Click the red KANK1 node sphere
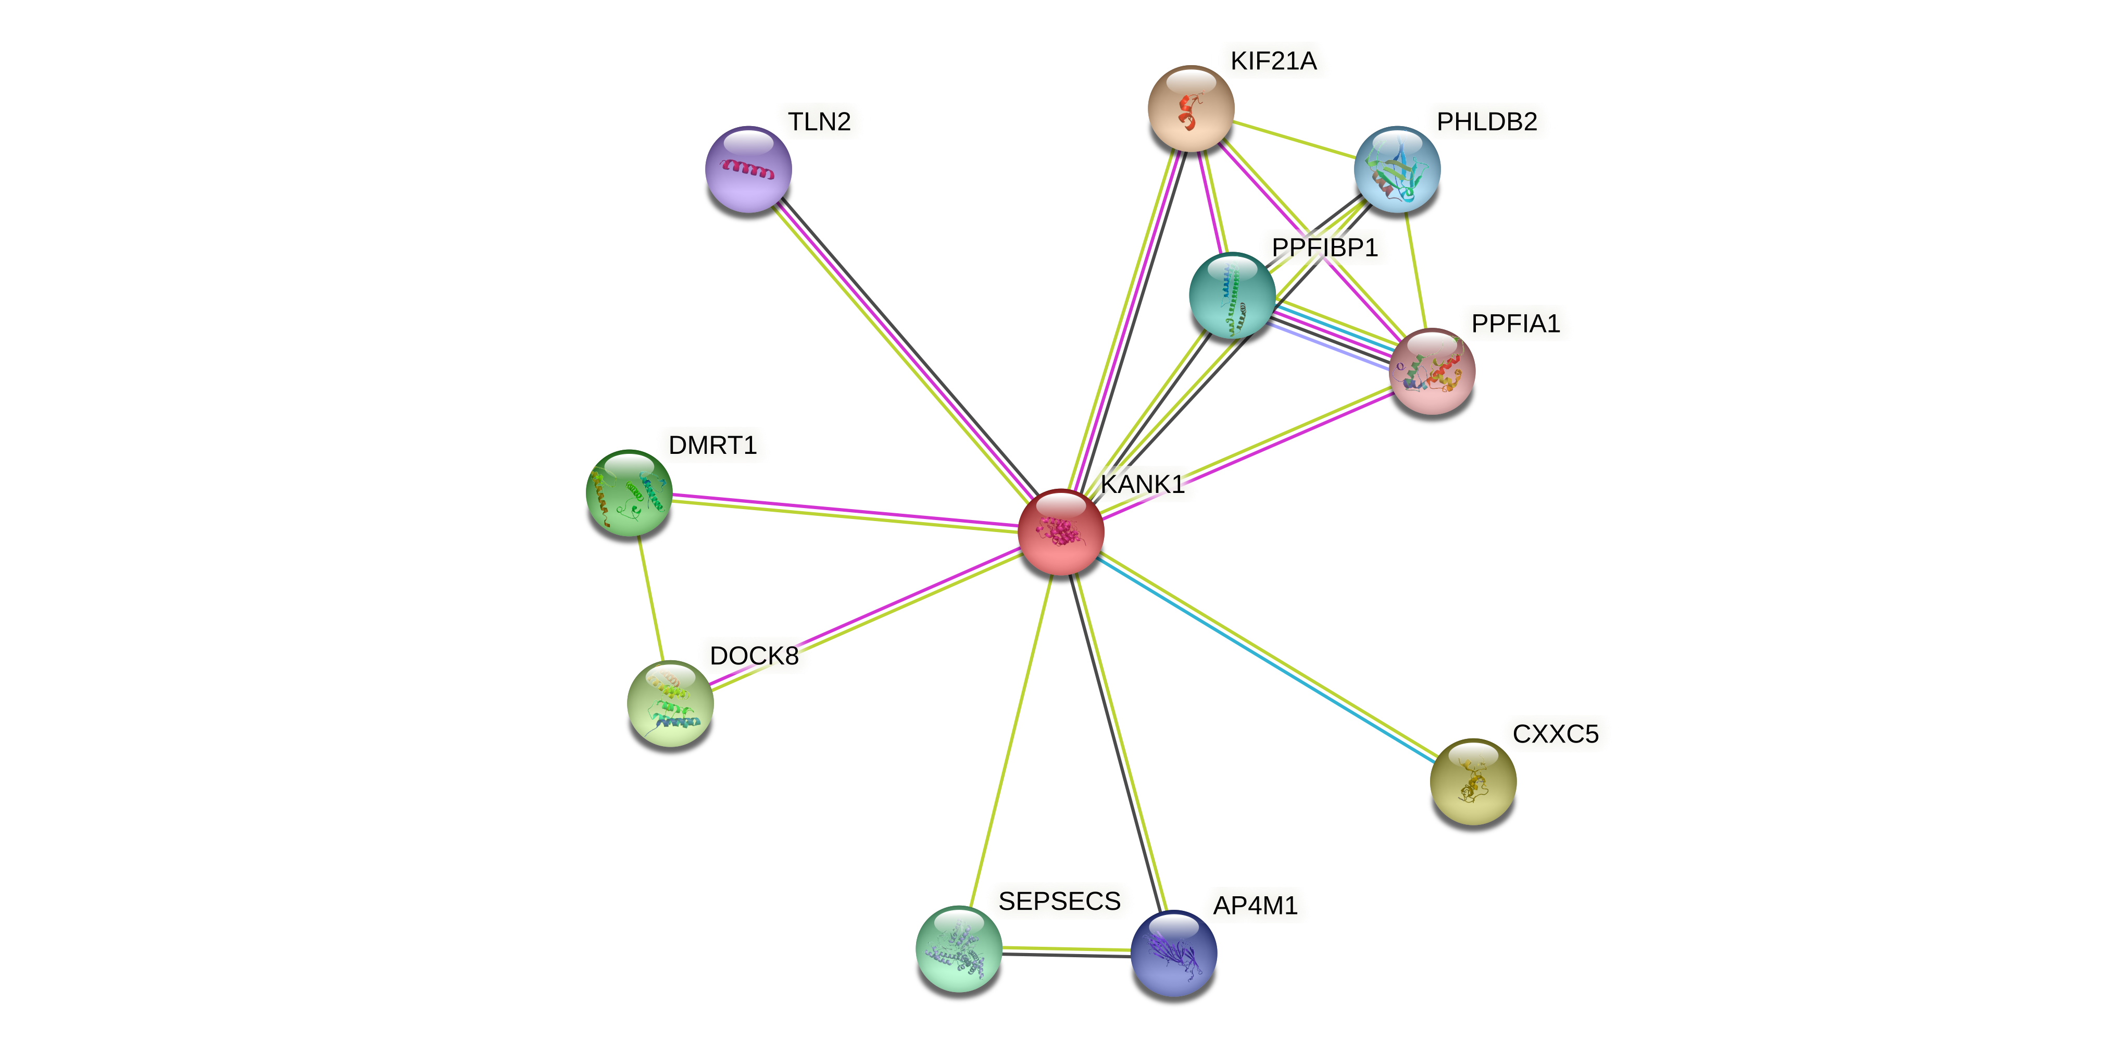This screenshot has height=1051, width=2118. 1061,532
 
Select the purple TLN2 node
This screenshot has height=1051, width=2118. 748,169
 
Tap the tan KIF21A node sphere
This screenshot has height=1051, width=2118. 1190,108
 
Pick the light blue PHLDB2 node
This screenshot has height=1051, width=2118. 1397,169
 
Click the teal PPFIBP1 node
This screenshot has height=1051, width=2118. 1232,295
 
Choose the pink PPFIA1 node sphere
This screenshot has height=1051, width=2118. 1432,372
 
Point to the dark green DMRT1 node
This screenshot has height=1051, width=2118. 629,492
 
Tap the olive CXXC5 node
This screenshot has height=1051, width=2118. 1473,781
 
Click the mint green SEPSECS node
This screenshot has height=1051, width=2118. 959,948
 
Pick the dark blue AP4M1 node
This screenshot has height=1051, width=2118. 1173,953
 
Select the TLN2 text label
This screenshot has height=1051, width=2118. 819,122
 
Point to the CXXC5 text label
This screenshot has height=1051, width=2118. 1555,734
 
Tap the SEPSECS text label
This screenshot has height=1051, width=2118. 1059,901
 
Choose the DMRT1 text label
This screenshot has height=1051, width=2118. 712,445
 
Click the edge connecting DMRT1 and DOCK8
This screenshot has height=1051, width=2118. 649,598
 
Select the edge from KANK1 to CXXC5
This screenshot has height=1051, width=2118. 1266,656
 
